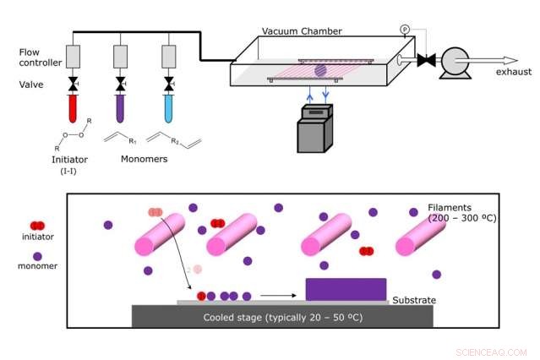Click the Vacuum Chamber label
click(x=302, y=31)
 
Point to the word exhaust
click(x=514, y=72)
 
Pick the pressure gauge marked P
click(x=405, y=30)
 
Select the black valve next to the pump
click(x=428, y=60)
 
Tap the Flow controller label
click(x=39, y=57)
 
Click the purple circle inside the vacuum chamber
click(x=320, y=71)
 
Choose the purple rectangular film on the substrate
click(x=346, y=289)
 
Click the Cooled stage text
click(x=280, y=318)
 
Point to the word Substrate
click(x=414, y=300)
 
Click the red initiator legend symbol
click(x=36, y=226)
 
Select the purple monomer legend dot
click(x=36, y=255)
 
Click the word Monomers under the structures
click(x=144, y=158)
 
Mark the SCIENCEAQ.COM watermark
click(x=491, y=352)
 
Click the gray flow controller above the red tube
click(x=74, y=57)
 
